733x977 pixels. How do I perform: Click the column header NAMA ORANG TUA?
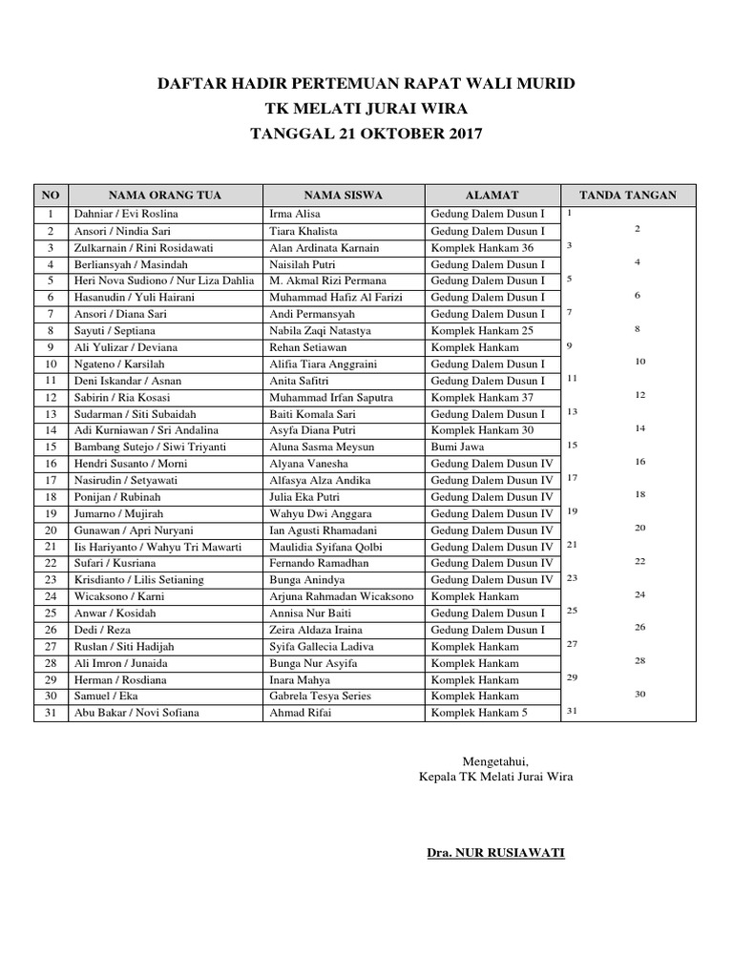click(x=165, y=196)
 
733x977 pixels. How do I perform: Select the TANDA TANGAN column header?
click(x=628, y=196)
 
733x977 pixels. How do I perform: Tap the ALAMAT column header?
click(x=492, y=196)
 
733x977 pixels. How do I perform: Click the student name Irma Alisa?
click(x=296, y=215)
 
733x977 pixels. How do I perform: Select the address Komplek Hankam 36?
click(x=482, y=248)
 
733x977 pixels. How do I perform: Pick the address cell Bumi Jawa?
click(x=457, y=447)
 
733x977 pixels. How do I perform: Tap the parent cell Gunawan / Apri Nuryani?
click(x=134, y=530)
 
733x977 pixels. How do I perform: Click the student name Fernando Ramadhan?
click(x=319, y=564)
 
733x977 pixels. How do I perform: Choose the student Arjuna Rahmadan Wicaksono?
click(x=342, y=596)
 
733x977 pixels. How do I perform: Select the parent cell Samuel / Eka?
click(x=107, y=696)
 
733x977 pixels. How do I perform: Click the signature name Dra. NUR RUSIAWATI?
click(x=495, y=852)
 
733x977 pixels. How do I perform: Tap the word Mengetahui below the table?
click(x=495, y=760)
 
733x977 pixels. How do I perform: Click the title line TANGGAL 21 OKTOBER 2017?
click(x=366, y=134)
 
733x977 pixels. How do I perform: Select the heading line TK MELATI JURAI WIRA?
click(x=366, y=109)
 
